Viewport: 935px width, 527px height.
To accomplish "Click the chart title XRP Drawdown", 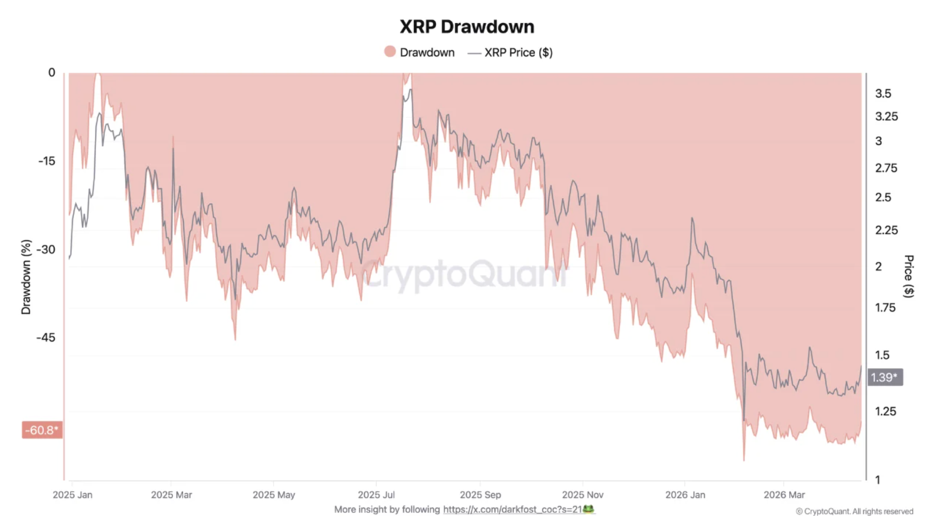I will click(x=467, y=27).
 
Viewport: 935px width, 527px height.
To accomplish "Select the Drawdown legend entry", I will click(x=419, y=52).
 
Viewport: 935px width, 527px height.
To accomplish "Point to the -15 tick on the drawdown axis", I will click(x=47, y=161).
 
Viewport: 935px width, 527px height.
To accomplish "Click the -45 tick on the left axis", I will click(x=46, y=338).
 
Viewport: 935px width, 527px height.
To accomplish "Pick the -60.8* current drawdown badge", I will click(x=42, y=430).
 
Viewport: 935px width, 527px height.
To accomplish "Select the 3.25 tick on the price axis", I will click(x=886, y=116).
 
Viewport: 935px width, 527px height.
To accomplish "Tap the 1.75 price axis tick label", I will click(x=885, y=307).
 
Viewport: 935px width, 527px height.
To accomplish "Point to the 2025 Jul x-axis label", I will click(x=376, y=495).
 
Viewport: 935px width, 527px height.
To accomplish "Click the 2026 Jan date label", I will click(x=685, y=495).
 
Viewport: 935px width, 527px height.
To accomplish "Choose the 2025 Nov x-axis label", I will click(x=582, y=495).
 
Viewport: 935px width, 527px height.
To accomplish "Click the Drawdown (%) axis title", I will click(x=26, y=277).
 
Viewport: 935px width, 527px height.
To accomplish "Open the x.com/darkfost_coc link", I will click(x=512, y=509).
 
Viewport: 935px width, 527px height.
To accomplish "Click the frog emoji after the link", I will click(x=588, y=509).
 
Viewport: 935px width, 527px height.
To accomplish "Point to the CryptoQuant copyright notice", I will click(x=854, y=512).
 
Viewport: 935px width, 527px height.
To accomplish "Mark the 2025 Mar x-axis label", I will click(x=171, y=495).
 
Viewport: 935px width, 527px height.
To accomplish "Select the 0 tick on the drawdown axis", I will click(x=52, y=72).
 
